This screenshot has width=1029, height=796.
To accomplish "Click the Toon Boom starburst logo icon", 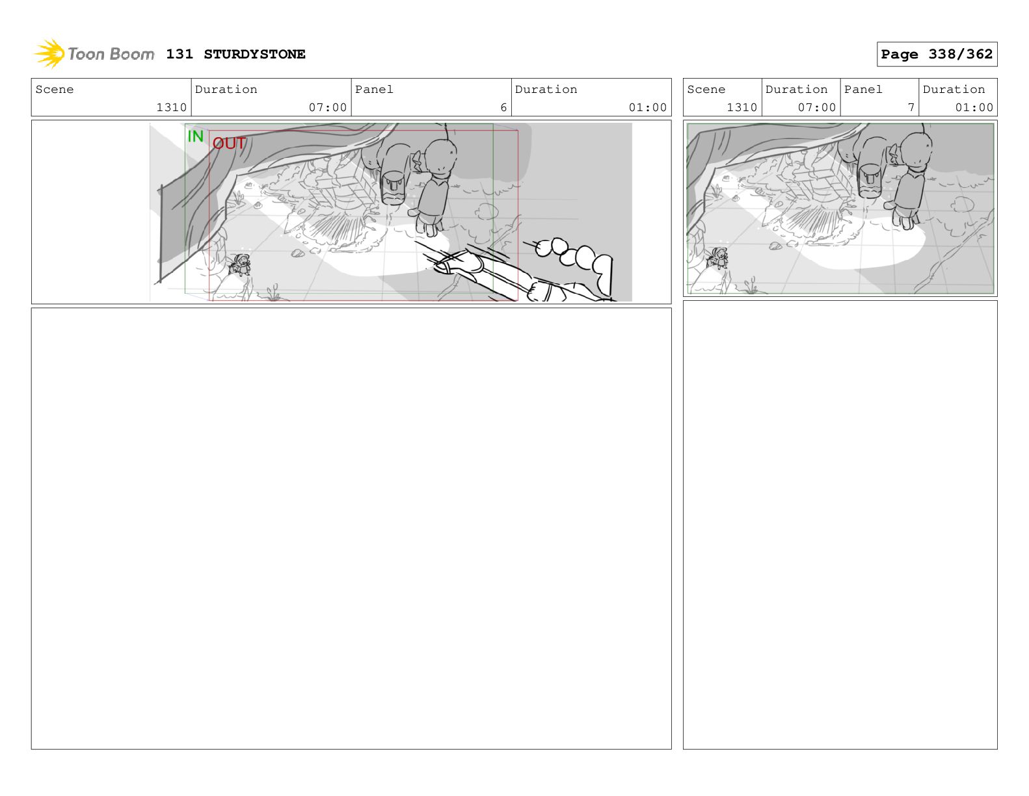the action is click(x=49, y=53).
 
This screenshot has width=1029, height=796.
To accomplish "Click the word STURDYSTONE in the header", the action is click(x=254, y=55).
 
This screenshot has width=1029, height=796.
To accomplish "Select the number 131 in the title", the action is click(x=180, y=55).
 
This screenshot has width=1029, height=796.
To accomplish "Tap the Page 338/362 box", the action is click(x=937, y=55).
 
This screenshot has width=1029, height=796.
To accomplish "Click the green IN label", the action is click(x=195, y=136).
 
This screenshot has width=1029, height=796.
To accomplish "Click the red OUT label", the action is click(x=229, y=144).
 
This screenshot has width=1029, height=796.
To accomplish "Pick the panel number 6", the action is click(x=503, y=108).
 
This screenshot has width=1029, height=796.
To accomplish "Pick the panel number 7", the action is click(x=911, y=108).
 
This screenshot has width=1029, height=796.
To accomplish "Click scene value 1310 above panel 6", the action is click(x=172, y=108).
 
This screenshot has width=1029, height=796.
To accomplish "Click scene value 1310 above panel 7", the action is click(x=742, y=108).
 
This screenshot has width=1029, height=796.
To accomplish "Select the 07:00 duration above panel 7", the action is click(x=816, y=108).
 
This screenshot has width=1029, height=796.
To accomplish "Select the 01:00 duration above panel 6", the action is click(x=647, y=108).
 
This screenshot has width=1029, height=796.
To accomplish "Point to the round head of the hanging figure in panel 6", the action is click(x=441, y=157).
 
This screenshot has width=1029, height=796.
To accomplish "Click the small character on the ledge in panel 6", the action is click(x=240, y=265).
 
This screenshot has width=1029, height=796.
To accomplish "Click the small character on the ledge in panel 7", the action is click(x=717, y=258).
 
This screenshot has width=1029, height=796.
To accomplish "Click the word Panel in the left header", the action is click(x=374, y=90).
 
